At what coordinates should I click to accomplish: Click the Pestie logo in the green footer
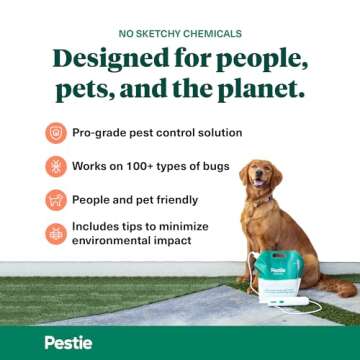[x=67, y=342]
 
